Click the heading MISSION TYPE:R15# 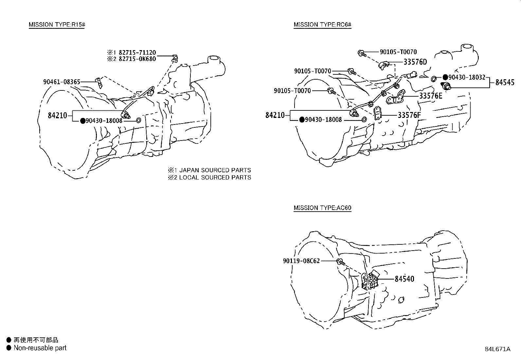[57, 25]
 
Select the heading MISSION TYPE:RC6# [322, 25]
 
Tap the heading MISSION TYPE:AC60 [322, 208]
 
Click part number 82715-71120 [137, 52]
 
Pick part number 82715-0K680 [137, 59]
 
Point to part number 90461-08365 [62, 82]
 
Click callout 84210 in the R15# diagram [57, 115]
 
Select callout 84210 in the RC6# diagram [275, 115]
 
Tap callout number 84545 [505, 82]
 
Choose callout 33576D [415, 62]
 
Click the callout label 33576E [431, 96]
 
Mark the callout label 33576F [409, 115]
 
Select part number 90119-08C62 [301, 261]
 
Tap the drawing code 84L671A [497, 349]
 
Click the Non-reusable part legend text [40, 348]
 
